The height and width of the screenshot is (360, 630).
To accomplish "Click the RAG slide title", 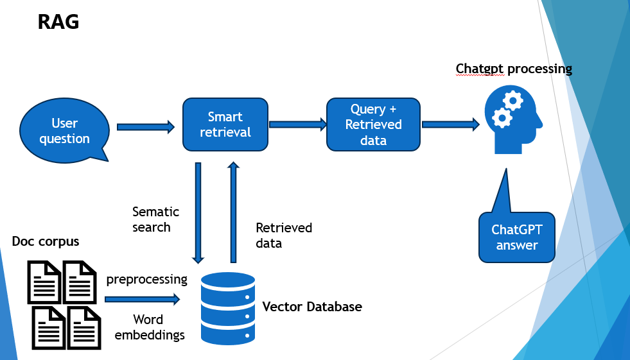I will [58, 22].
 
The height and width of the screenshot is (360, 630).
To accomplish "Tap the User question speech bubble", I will [64, 131].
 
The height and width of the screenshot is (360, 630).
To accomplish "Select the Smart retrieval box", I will [225, 124].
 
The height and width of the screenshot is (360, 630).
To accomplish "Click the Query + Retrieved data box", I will [373, 124].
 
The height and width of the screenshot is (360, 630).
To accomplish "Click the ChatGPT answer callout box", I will [516, 237].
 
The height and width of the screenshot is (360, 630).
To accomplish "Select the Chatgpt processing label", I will [514, 69].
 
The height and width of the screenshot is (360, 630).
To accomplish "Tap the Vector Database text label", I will [312, 307].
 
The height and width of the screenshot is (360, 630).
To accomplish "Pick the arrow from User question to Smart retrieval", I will [146, 127].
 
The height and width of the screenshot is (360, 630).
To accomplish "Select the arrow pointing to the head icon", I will [450, 124].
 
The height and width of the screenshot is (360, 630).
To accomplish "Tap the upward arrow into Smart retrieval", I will [233, 212].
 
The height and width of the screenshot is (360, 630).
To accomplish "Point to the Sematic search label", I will [155, 219].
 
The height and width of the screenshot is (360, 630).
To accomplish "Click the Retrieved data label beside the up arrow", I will [284, 236].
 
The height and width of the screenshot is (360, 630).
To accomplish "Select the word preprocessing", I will [146, 280].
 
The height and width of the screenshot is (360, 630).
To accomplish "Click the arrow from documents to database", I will [142, 299].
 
